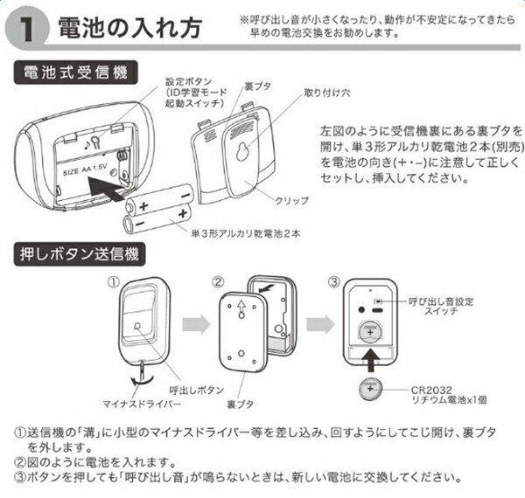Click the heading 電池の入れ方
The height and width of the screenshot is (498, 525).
pos(126,27)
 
